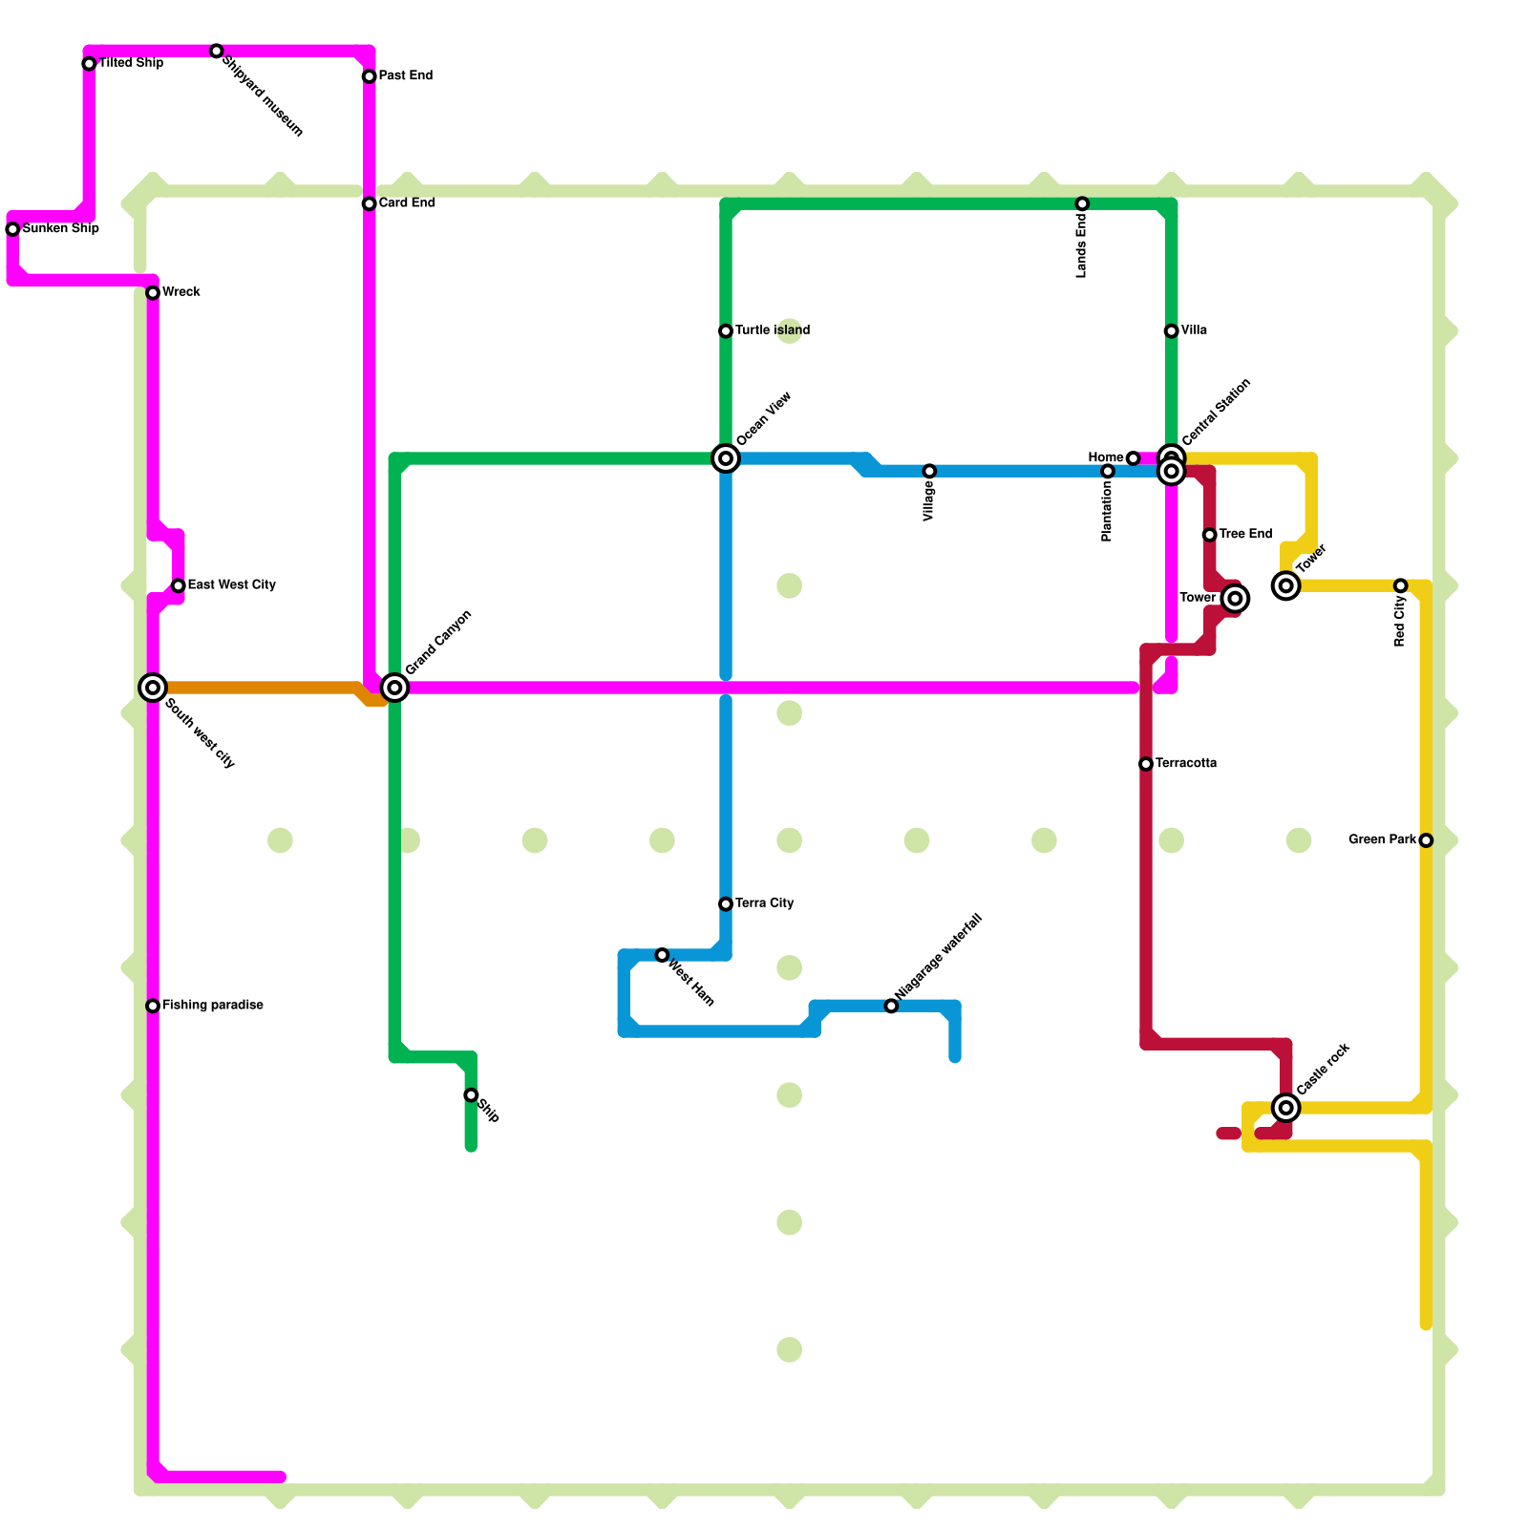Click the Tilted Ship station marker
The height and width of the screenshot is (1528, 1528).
pyautogui.click(x=89, y=64)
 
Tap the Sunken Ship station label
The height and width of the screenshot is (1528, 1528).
pyautogui.click(x=60, y=229)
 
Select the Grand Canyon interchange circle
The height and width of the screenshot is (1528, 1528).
pyautogui.click(x=394, y=688)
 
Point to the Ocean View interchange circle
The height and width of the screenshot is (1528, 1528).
pyautogui.click(x=726, y=458)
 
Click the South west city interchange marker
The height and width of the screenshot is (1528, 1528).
pyautogui.click(x=153, y=688)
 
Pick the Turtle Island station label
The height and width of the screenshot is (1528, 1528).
pyautogui.click(x=773, y=330)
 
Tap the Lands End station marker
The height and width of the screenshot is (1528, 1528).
pyautogui.click(x=1082, y=203)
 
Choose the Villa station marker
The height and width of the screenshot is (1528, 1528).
pyautogui.click(x=1171, y=331)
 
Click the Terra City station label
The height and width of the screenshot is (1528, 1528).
pyautogui.click(x=764, y=903)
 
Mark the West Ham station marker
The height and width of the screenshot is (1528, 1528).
pyautogui.click(x=662, y=955)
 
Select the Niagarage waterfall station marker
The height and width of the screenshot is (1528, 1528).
pyautogui.click(x=891, y=1006)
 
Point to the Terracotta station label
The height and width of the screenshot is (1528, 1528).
pyautogui.click(x=1185, y=764)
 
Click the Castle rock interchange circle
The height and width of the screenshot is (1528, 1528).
pyautogui.click(x=1286, y=1108)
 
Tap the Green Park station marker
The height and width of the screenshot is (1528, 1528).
pyautogui.click(x=1426, y=840)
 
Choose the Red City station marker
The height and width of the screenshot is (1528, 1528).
pyautogui.click(x=1400, y=585)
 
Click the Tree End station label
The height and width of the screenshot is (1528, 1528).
pyautogui.click(x=1245, y=534)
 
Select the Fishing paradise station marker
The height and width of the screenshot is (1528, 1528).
pyautogui.click(x=153, y=1006)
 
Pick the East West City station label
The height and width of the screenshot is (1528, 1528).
pyautogui.click(x=231, y=584)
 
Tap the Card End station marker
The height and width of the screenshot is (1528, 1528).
pyautogui.click(x=369, y=203)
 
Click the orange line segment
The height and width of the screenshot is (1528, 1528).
pyautogui.click(x=258, y=688)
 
